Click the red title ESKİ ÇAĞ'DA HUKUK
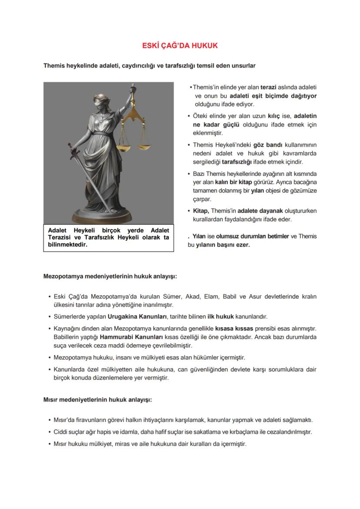pos(180,46)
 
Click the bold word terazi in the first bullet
pos(268,87)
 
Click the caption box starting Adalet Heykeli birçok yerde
pos(108,237)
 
